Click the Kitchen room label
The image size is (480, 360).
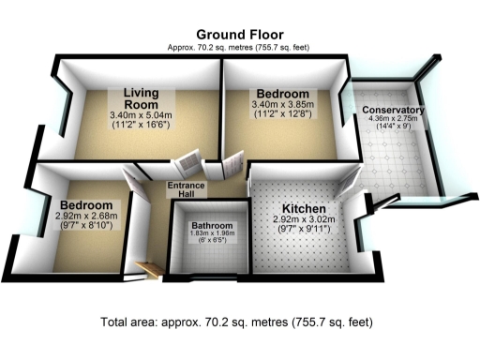click(x=304, y=208)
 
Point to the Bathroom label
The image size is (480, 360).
click(x=210, y=226)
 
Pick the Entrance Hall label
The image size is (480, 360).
click(x=187, y=190)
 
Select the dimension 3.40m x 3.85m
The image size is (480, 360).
click(x=281, y=107)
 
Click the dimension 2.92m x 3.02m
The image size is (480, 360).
click(x=304, y=219)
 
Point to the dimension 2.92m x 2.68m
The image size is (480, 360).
click(x=85, y=217)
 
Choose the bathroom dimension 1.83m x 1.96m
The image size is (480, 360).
click(x=210, y=234)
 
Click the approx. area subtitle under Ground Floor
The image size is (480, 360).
click(x=239, y=47)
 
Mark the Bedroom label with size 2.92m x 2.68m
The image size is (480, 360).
click(x=85, y=205)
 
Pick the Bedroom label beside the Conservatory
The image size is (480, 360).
click(x=281, y=96)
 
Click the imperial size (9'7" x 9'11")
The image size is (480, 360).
click(x=304, y=231)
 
